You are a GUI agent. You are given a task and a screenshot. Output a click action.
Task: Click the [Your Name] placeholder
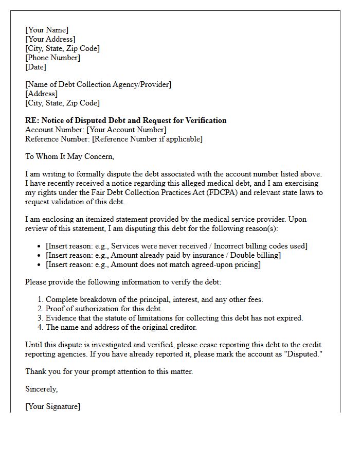(x=47, y=30)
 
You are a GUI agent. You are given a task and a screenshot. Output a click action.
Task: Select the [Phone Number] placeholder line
(x=52, y=58)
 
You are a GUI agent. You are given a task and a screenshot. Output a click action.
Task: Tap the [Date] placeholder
(x=35, y=67)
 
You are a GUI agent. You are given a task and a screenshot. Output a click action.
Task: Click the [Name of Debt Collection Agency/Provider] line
(x=98, y=84)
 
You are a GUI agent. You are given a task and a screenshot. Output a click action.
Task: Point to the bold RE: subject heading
(x=126, y=120)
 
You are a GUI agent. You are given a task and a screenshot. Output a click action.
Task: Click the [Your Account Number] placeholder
(x=127, y=130)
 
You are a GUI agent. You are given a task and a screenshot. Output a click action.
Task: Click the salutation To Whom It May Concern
(x=69, y=156)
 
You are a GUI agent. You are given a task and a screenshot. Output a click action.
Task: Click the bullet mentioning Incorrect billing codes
(x=176, y=246)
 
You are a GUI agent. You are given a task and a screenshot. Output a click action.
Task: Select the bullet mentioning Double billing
(x=163, y=255)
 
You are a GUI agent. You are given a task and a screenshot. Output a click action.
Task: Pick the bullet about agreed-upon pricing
(x=153, y=264)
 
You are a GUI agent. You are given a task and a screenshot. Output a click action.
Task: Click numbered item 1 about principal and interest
(x=154, y=299)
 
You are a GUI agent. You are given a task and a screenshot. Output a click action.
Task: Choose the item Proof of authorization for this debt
(x=104, y=309)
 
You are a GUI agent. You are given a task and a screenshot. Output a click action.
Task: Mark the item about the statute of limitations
(x=174, y=318)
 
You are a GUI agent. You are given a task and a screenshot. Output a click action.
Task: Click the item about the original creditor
(x=121, y=327)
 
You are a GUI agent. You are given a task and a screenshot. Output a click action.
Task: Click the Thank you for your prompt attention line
(x=109, y=371)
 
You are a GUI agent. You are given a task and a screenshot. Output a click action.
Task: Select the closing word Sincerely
(x=42, y=389)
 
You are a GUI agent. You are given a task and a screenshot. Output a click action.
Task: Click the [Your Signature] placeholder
(x=52, y=406)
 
